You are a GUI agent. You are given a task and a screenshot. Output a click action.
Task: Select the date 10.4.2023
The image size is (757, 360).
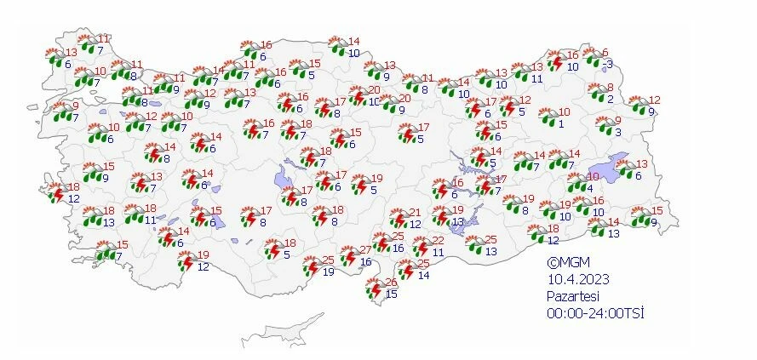pyautogui.click(x=577, y=279)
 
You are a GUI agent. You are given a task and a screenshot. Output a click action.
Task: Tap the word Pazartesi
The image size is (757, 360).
pyautogui.click(x=575, y=295)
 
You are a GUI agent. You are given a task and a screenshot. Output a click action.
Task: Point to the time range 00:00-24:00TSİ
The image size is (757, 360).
pyautogui.click(x=595, y=312)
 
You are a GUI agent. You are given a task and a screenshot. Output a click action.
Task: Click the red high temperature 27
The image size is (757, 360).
pyautogui.click(x=366, y=249)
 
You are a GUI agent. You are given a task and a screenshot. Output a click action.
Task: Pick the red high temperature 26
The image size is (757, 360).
pyautogui.click(x=391, y=283)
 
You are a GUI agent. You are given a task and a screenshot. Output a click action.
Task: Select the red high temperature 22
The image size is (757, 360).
pyautogui.click(x=438, y=241)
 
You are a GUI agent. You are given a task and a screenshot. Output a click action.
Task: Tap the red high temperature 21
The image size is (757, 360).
pyautogui.click(x=415, y=213)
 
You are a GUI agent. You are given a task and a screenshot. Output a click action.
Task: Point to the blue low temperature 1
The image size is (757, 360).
pyautogui.click(x=561, y=123)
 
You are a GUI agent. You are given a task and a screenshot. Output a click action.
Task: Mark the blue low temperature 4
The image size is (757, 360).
pyautogui.click(x=590, y=188)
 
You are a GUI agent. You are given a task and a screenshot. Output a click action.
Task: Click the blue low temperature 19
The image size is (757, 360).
pyautogui.click(x=329, y=271)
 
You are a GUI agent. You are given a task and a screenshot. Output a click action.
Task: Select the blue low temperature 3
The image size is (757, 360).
pyautogui.click(x=617, y=132)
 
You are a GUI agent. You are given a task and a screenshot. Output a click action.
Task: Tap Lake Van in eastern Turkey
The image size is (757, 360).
pyautogui.click(x=617, y=166)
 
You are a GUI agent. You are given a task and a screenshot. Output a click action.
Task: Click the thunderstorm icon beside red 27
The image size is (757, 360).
pyautogui.click(x=348, y=257)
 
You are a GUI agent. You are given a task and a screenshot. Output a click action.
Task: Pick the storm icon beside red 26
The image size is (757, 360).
pyautogui.click(x=373, y=290)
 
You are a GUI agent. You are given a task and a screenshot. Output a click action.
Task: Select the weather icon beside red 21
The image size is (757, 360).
pyautogui.click(x=398, y=219)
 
